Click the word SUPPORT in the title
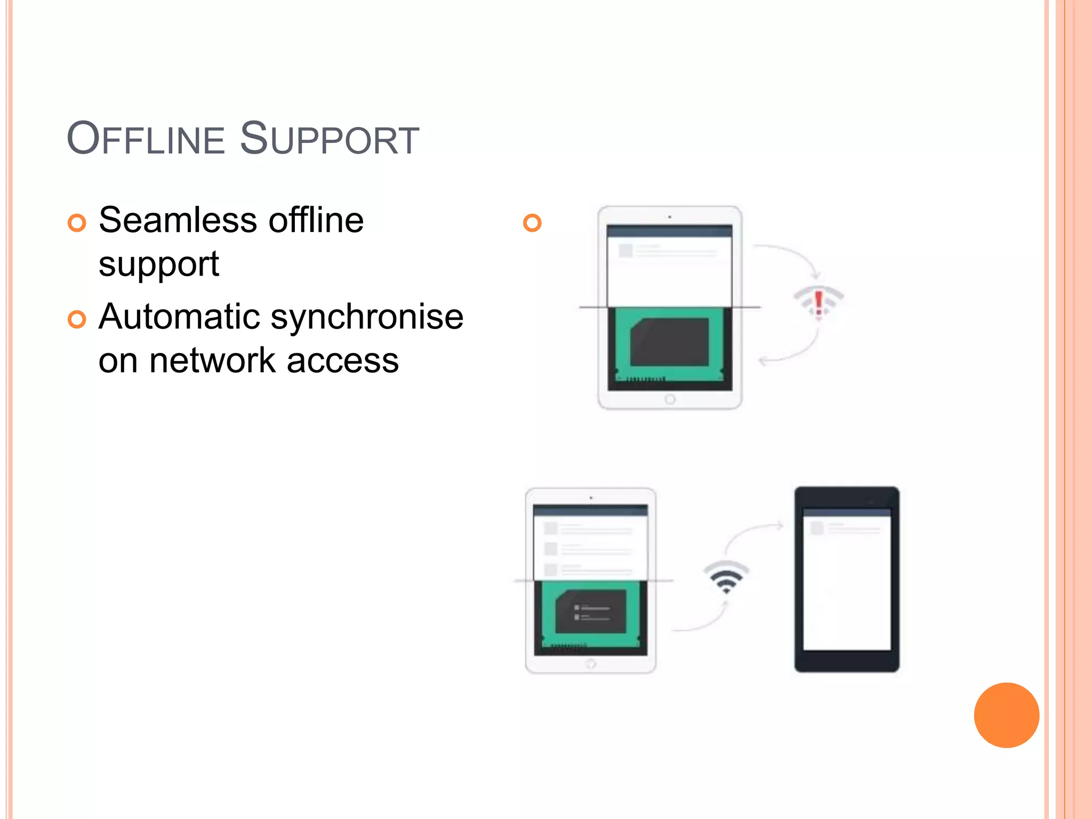330,139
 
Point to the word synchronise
367,317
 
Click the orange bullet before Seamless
77,223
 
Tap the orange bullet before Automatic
77,319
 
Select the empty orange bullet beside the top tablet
532,222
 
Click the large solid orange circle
1006,715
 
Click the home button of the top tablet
670,399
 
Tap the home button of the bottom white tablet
591,664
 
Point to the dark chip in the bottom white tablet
591,611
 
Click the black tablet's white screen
847,587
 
